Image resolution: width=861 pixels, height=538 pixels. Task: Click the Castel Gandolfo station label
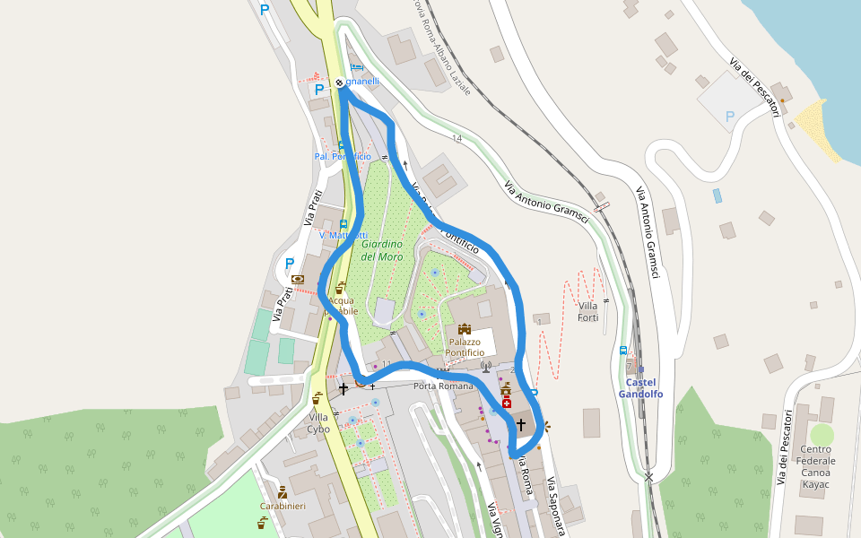640,388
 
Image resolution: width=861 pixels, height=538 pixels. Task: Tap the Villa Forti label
587,312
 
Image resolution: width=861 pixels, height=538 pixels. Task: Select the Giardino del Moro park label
382,250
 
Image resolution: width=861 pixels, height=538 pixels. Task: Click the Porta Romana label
443,386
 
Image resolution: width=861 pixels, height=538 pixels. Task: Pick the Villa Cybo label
318,422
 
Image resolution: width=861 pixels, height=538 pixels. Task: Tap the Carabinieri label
283,507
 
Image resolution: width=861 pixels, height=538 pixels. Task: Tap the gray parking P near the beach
729,117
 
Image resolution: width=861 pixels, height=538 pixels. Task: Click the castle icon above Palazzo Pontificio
465,329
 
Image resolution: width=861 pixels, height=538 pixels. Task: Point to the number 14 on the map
457,138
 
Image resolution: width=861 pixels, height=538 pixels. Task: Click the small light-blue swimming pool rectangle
717,195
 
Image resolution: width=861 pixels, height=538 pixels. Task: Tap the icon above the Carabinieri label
283,491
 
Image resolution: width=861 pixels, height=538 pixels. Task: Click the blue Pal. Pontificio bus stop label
343,157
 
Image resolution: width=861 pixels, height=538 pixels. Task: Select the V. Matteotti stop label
343,235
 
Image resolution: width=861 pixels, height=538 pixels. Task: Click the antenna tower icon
486,366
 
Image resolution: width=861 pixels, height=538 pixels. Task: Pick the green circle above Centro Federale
822,435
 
